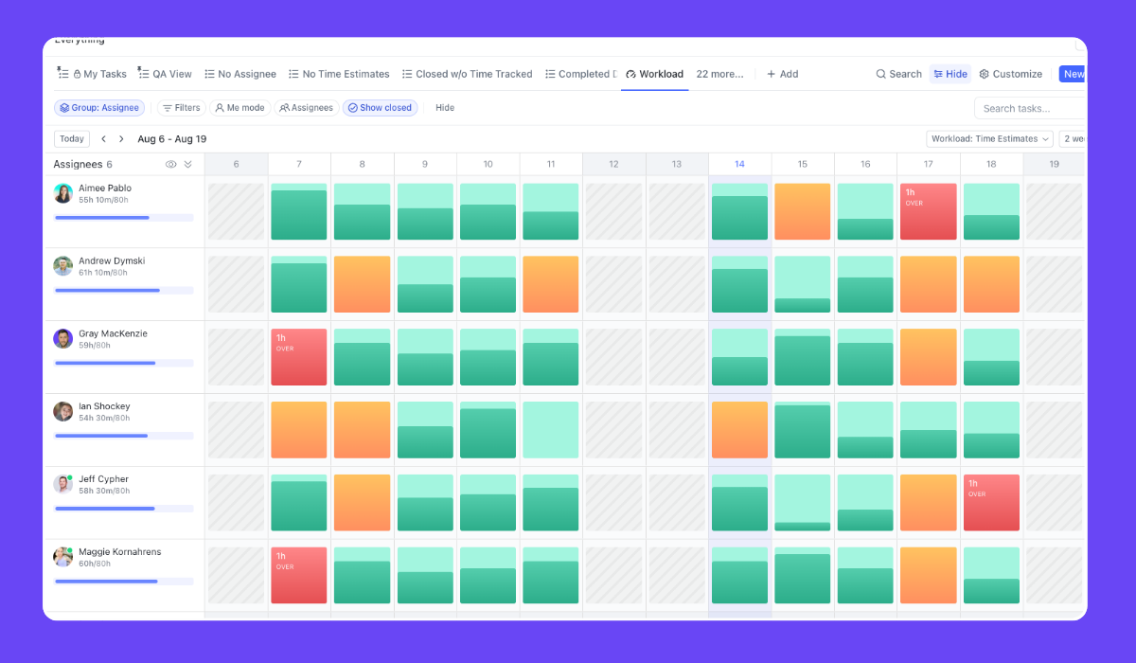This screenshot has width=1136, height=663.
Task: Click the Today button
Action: (x=72, y=139)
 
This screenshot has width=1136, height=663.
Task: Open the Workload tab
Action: (x=654, y=74)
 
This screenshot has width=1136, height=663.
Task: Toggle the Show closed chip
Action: (x=380, y=108)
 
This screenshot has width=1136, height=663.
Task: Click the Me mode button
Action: (x=240, y=108)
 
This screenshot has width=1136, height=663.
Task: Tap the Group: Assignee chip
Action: (x=99, y=108)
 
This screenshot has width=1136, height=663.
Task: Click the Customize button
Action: (x=1010, y=74)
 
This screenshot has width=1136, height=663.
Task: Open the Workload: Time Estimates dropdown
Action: (x=989, y=139)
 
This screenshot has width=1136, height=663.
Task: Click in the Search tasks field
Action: (x=1030, y=108)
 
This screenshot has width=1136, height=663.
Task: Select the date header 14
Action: (x=739, y=164)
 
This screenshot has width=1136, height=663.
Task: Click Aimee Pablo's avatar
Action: (x=63, y=193)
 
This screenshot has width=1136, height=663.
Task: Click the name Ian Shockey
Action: (x=104, y=406)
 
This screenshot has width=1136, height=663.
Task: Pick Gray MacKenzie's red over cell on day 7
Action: (x=299, y=357)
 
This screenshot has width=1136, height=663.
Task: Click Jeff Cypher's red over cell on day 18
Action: (x=991, y=503)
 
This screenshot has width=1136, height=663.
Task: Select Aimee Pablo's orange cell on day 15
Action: (x=802, y=212)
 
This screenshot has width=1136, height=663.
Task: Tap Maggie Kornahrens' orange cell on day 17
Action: (x=928, y=575)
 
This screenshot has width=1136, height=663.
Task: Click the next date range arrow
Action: (x=121, y=139)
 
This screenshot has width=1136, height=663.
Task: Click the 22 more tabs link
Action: (x=719, y=74)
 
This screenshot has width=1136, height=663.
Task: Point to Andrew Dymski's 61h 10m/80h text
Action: (x=103, y=273)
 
